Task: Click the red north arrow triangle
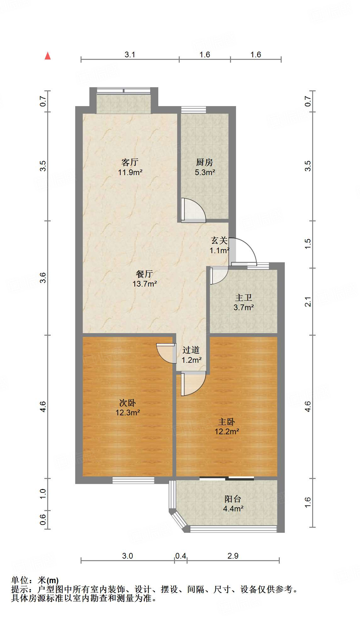48,56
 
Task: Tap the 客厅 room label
130,162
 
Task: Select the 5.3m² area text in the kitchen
205,173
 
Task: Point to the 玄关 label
219,241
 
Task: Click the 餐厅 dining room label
144,274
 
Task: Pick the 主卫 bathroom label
244,298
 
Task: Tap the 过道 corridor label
191,350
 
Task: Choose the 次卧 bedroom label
127,403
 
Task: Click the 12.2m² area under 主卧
227,432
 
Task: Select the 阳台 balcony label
233,499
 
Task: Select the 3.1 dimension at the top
130,55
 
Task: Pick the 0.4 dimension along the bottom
181,556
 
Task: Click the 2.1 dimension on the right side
308,302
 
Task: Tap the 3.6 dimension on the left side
43,278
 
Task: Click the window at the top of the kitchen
194,110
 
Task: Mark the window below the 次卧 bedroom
133,480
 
